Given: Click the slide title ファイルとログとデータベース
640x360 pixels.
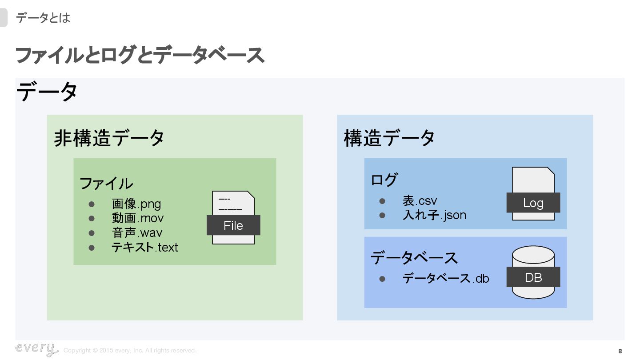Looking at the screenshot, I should click(140, 56).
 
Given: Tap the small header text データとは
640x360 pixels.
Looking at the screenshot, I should click(43, 18).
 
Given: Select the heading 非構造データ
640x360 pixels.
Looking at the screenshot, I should click(109, 138).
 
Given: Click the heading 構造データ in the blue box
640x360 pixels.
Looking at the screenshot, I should click(389, 138).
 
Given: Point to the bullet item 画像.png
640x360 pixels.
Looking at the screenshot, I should click(136, 204).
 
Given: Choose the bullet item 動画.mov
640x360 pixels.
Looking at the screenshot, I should click(138, 218).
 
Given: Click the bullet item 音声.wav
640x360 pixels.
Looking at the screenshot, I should click(137, 233).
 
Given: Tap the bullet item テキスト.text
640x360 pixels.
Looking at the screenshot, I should click(145, 248).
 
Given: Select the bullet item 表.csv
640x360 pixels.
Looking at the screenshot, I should click(420, 201).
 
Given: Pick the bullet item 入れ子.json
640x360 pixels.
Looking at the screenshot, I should click(434, 215).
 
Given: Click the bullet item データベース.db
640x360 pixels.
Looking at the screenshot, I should click(446, 278).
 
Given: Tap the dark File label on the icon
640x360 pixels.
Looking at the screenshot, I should click(233, 225).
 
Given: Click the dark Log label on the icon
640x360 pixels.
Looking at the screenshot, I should click(533, 203).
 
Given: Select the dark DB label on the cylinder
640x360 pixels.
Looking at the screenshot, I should click(533, 278).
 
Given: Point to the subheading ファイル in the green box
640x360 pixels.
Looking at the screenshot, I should click(106, 183).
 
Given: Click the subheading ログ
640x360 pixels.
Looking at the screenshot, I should click(384, 180).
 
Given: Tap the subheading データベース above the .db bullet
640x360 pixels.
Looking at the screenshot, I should click(414, 258).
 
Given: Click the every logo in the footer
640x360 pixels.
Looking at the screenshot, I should click(36, 349).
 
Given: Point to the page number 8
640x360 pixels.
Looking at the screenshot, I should click(620, 351).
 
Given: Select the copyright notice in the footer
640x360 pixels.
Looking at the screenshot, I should click(130, 351).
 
